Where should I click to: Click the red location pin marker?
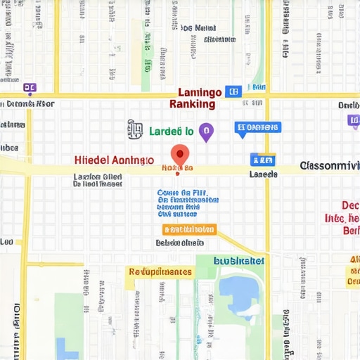coord(181,155)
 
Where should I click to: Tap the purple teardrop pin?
coord(205,131)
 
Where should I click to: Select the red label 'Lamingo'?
coord(200,92)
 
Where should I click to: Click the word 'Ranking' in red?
coord(193,104)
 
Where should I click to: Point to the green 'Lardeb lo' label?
coord(172,131)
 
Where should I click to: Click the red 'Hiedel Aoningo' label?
coord(113,160)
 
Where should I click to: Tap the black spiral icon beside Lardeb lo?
coord(135,129)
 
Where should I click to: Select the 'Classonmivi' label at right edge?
coord(329,166)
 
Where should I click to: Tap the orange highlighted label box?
coord(190,229)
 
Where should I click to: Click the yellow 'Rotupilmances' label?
coord(160,271)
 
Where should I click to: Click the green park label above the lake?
coord(239,260)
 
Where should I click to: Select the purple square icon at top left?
coord(29,89)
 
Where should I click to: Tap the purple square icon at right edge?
coord(354,120)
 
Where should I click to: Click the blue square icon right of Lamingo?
coord(234,91)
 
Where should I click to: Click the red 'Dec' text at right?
coord(349,205)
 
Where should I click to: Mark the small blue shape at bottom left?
coord(66,349)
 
